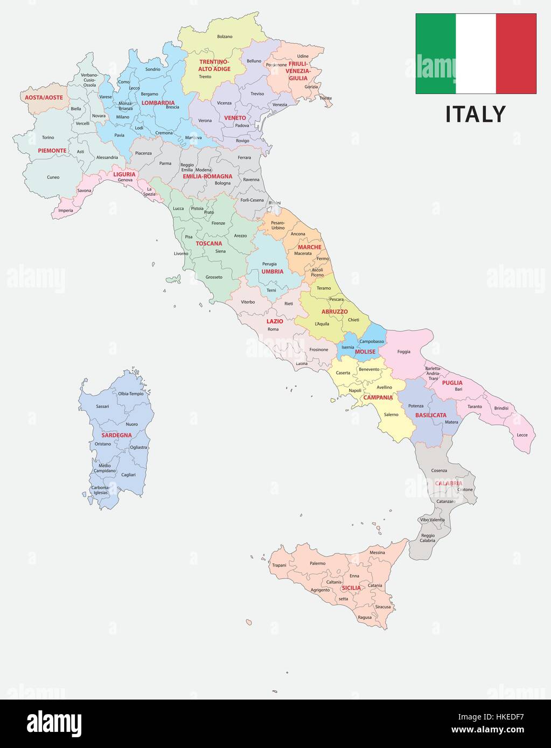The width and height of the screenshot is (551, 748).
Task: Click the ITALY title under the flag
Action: [475, 114]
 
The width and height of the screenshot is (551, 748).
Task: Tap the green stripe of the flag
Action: [435, 53]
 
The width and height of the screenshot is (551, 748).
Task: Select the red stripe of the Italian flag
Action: [516, 53]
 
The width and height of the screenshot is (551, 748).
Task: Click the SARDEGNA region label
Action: [116, 435]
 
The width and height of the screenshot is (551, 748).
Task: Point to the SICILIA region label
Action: [351, 588]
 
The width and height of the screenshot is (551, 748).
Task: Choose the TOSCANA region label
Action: [208, 243]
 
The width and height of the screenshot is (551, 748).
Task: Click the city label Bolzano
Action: [225, 37]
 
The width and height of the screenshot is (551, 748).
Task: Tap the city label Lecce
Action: [522, 434]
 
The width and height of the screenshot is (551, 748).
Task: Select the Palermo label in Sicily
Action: [317, 563]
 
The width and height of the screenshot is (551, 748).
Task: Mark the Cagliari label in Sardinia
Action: [128, 475]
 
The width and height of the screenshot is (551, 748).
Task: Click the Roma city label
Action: [273, 329]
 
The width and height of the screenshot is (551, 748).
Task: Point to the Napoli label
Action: [355, 390]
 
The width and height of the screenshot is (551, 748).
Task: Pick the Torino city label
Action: [48, 137]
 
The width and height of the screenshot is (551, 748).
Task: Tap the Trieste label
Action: [325, 98]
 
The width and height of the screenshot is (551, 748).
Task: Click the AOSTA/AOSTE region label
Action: [44, 97]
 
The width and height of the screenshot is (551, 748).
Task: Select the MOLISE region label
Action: [365, 351]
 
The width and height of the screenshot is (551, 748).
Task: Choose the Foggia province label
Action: [403, 352]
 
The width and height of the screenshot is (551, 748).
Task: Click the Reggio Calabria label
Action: [428, 538]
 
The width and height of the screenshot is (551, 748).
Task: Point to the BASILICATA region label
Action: [430, 415]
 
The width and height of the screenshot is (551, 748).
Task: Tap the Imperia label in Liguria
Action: [66, 210]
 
